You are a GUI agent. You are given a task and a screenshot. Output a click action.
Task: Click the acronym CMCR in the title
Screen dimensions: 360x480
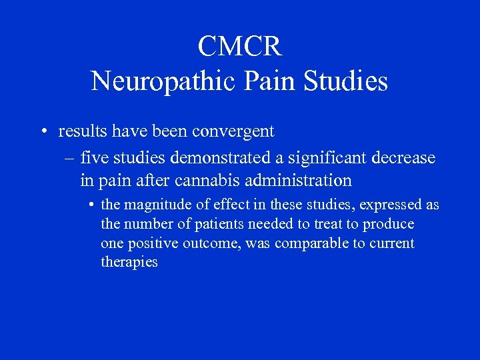coord(240,47)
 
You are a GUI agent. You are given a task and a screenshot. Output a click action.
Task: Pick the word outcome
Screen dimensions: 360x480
coord(211,244)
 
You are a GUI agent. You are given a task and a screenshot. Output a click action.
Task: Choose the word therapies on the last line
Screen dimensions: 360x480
coord(129,263)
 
